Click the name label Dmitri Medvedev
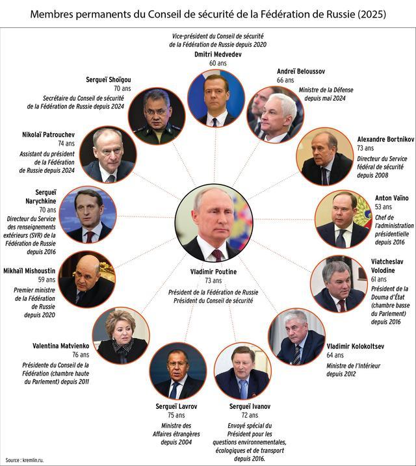tap(218, 55)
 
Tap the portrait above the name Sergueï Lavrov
tap(178, 371)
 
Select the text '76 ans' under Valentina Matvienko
tap(81, 355)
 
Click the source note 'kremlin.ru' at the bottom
tap(33, 460)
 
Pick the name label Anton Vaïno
tap(392, 198)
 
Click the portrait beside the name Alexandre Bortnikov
tap(325, 157)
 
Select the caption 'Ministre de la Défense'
tap(326, 90)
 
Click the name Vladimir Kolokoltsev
tap(356, 346)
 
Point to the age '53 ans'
tap(383, 207)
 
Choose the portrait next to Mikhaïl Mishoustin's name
tap(87, 279)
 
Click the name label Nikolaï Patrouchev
tap(49, 135)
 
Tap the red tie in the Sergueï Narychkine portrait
tap(90, 237)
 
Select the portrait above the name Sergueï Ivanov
tap(242, 371)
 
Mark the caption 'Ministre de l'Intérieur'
tap(354, 366)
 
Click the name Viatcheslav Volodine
tap(387, 266)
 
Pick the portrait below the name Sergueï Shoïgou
tap(157, 116)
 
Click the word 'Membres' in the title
tap(51, 14)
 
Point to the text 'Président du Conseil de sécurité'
tap(213, 300)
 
